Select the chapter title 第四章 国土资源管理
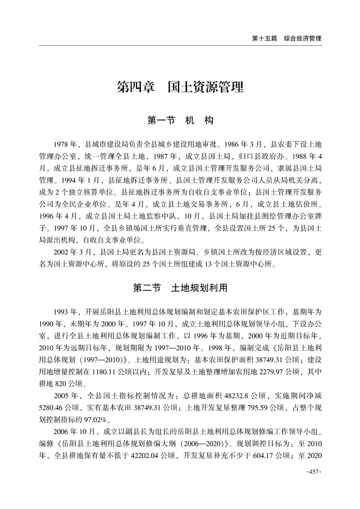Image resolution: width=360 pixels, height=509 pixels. tap(180, 86)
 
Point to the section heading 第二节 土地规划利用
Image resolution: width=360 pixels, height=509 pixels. tap(180, 288)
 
